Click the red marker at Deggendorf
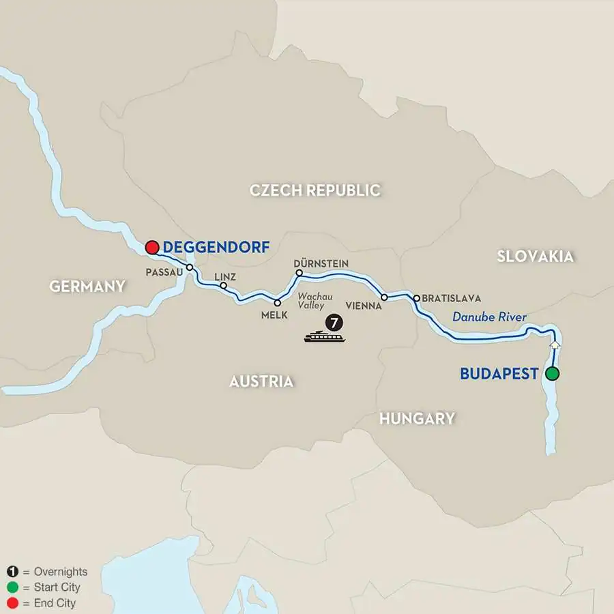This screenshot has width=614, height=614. (152, 247)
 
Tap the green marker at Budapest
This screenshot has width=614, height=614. (552, 373)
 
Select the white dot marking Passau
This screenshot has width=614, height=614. (190, 267)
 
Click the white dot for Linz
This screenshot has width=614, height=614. (223, 286)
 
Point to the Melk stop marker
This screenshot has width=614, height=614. (277, 302)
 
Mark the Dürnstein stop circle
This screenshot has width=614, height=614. (298, 273)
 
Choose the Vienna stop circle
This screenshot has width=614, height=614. (384, 297)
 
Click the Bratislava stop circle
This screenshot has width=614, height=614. (416, 298)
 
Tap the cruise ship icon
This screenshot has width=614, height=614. (324, 336)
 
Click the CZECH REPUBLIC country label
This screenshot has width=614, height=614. (315, 190)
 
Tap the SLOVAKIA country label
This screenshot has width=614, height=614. (535, 256)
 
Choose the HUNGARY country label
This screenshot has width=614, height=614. (417, 418)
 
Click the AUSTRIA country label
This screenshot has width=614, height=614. (261, 381)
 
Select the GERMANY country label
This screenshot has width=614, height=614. (87, 287)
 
